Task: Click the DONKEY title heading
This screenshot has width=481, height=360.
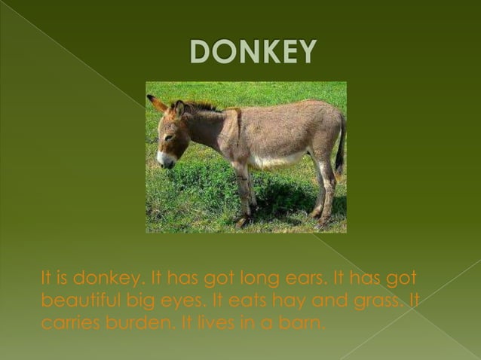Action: pos(253,51)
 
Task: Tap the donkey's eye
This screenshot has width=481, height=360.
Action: pos(169,136)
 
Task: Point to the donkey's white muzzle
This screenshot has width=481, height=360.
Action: pos(162,158)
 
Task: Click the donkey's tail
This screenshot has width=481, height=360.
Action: pos(340,148)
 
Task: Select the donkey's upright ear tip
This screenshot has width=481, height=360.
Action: pos(151,98)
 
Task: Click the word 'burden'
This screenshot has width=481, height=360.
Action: pos(138,325)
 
